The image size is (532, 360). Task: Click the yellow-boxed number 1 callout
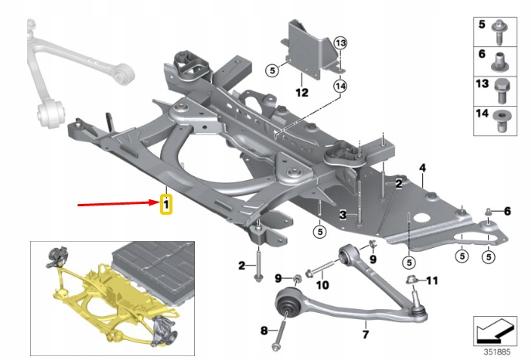tap(165, 205)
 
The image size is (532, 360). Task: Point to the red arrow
tap(116, 205)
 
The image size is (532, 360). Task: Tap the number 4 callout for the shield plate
tap(422, 168)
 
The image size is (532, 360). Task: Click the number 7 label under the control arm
tap(366, 335)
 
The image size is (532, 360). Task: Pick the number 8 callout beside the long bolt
tap(264, 331)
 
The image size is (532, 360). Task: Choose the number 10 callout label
tap(322, 285)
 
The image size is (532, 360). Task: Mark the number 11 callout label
tap(432, 280)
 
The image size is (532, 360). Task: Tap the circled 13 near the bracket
tap(341, 42)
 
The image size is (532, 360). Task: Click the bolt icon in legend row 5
tap(500, 29)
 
